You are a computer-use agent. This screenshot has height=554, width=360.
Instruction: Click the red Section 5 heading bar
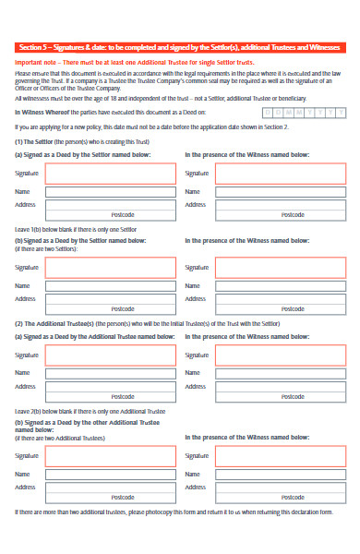[180, 47]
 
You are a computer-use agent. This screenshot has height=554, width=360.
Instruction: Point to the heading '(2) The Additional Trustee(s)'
[55, 324]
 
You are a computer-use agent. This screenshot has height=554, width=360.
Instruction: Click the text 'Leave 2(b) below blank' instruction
[78, 409]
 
